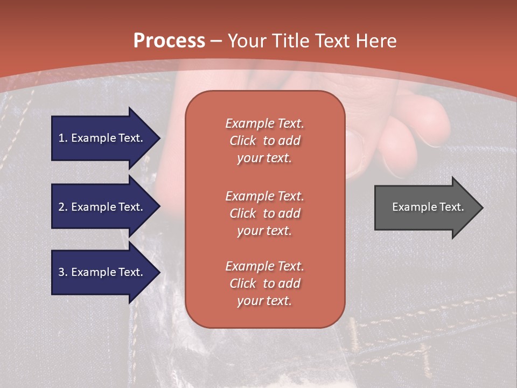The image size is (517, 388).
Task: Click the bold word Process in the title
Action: point(169,40)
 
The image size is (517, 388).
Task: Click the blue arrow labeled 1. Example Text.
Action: point(106,138)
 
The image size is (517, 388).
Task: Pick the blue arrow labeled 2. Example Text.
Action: point(106,206)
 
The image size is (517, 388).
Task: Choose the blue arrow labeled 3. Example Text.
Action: point(106,272)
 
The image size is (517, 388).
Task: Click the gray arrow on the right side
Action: point(429,207)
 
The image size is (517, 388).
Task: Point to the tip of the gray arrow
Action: point(483,207)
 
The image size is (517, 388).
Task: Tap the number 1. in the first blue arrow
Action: point(63,138)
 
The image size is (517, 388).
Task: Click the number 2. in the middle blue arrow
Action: point(63,207)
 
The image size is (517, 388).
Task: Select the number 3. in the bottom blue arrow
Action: point(63,272)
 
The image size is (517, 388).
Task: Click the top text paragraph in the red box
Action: point(265,141)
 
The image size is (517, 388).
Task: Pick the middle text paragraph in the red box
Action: point(265,213)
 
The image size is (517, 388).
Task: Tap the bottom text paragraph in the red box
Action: point(265,283)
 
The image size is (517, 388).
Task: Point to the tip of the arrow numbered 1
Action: point(160,138)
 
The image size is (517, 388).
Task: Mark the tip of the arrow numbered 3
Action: point(160,272)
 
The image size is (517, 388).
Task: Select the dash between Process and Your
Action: point(216,41)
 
